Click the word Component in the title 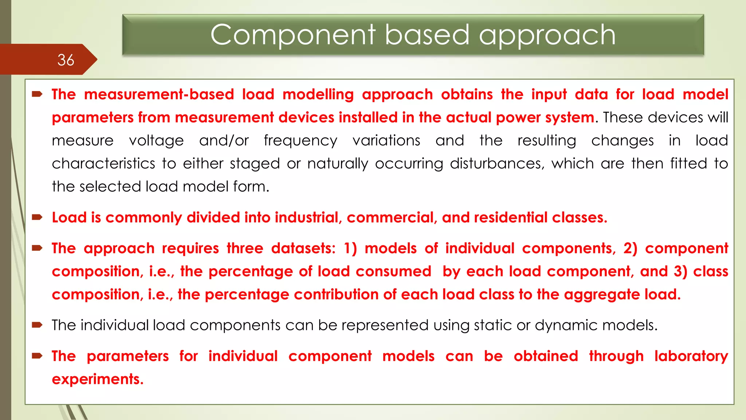(x=292, y=35)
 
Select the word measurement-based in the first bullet (x=159, y=94)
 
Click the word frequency (x=301, y=141)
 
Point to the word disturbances (x=497, y=164)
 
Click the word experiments (x=98, y=379)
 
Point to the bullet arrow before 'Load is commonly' (x=37, y=218)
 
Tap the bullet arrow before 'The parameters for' (x=37, y=356)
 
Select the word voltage (x=156, y=141)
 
